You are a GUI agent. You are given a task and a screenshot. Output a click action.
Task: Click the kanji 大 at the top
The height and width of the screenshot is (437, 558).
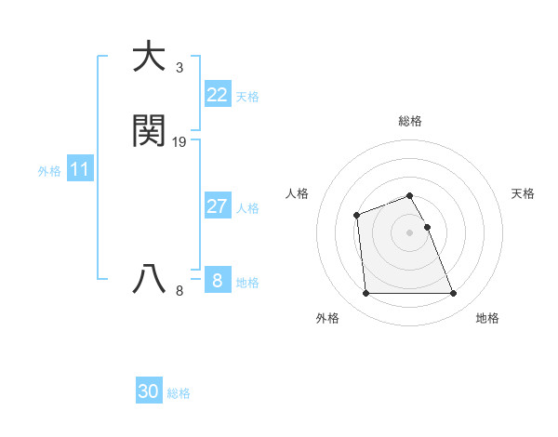click(149, 57)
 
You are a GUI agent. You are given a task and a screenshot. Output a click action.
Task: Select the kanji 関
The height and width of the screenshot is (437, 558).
click(149, 131)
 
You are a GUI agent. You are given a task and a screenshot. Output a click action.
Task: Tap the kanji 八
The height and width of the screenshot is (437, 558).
click(149, 280)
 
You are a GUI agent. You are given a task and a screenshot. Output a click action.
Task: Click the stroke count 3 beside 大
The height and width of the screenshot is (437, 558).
click(179, 68)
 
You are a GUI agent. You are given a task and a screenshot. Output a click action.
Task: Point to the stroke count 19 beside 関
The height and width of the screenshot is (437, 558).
click(179, 142)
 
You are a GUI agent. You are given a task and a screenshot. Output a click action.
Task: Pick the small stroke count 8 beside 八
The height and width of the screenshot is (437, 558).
click(179, 291)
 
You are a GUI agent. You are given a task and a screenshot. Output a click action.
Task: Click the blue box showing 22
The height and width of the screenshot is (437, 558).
click(217, 95)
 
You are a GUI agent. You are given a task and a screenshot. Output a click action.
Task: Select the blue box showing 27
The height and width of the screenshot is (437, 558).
click(217, 206)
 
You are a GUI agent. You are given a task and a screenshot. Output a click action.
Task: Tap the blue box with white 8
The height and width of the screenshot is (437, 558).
click(217, 280)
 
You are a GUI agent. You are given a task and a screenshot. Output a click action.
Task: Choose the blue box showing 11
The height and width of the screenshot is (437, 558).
click(80, 169)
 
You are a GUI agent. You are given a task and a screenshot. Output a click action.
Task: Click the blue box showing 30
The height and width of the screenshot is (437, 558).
click(149, 391)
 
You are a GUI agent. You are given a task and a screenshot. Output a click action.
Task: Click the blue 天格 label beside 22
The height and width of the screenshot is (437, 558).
click(247, 97)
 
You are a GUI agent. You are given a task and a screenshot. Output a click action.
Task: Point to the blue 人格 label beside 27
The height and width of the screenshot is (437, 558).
click(247, 208)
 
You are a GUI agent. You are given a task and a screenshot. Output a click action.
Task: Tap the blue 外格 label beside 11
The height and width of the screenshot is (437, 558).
click(49, 171)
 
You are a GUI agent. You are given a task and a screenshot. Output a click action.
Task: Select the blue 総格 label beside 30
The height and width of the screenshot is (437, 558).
click(179, 393)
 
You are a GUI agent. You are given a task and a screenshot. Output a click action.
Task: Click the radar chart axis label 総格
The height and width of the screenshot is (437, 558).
click(410, 121)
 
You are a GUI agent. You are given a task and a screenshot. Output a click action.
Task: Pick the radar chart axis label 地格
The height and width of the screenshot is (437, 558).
click(487, 318)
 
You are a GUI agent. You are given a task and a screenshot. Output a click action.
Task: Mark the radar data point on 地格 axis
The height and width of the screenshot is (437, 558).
click(454, 294)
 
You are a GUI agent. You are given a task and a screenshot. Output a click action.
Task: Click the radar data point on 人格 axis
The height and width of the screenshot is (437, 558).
click(356, 216)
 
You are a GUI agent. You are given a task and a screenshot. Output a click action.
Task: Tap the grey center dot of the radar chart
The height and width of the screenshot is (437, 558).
click(410, 232)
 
